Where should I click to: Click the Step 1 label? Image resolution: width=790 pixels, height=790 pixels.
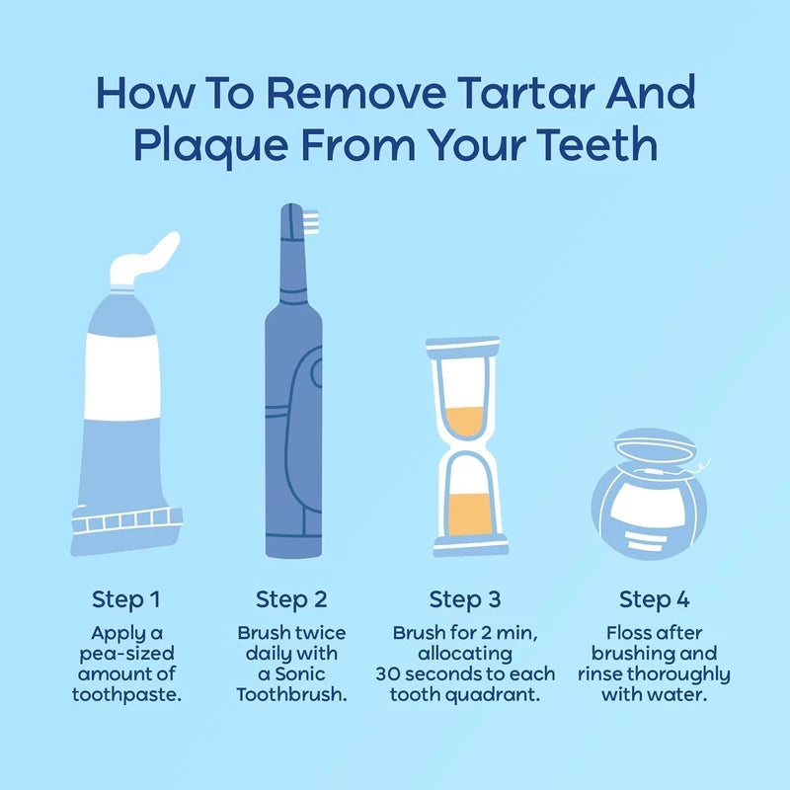pos(126,598)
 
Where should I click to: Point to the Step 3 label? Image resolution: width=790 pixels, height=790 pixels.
pos(464,598)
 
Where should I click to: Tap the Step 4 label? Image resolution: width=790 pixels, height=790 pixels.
pos(654,598)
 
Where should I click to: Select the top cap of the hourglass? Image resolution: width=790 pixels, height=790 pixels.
pos(465,347)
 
